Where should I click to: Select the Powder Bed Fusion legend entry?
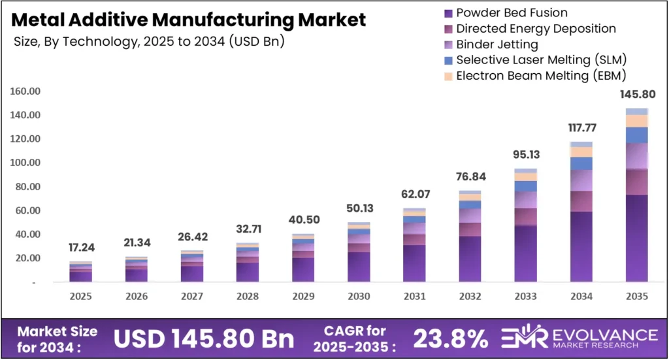[512, 12]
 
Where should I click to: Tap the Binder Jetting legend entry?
[497, 44]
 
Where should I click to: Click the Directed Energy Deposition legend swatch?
[448, 28]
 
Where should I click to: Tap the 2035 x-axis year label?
[636, 297]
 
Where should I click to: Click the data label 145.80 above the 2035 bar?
[636, 94]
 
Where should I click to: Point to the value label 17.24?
[82, 248]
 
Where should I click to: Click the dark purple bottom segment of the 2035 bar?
[636, 238]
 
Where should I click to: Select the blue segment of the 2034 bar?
[580, 163]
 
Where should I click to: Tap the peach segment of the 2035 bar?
[636, 121]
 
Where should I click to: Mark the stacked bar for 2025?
[82, 272]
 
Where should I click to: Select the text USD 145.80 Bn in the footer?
[204, 338]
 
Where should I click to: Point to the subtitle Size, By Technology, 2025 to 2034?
[149, 41]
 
